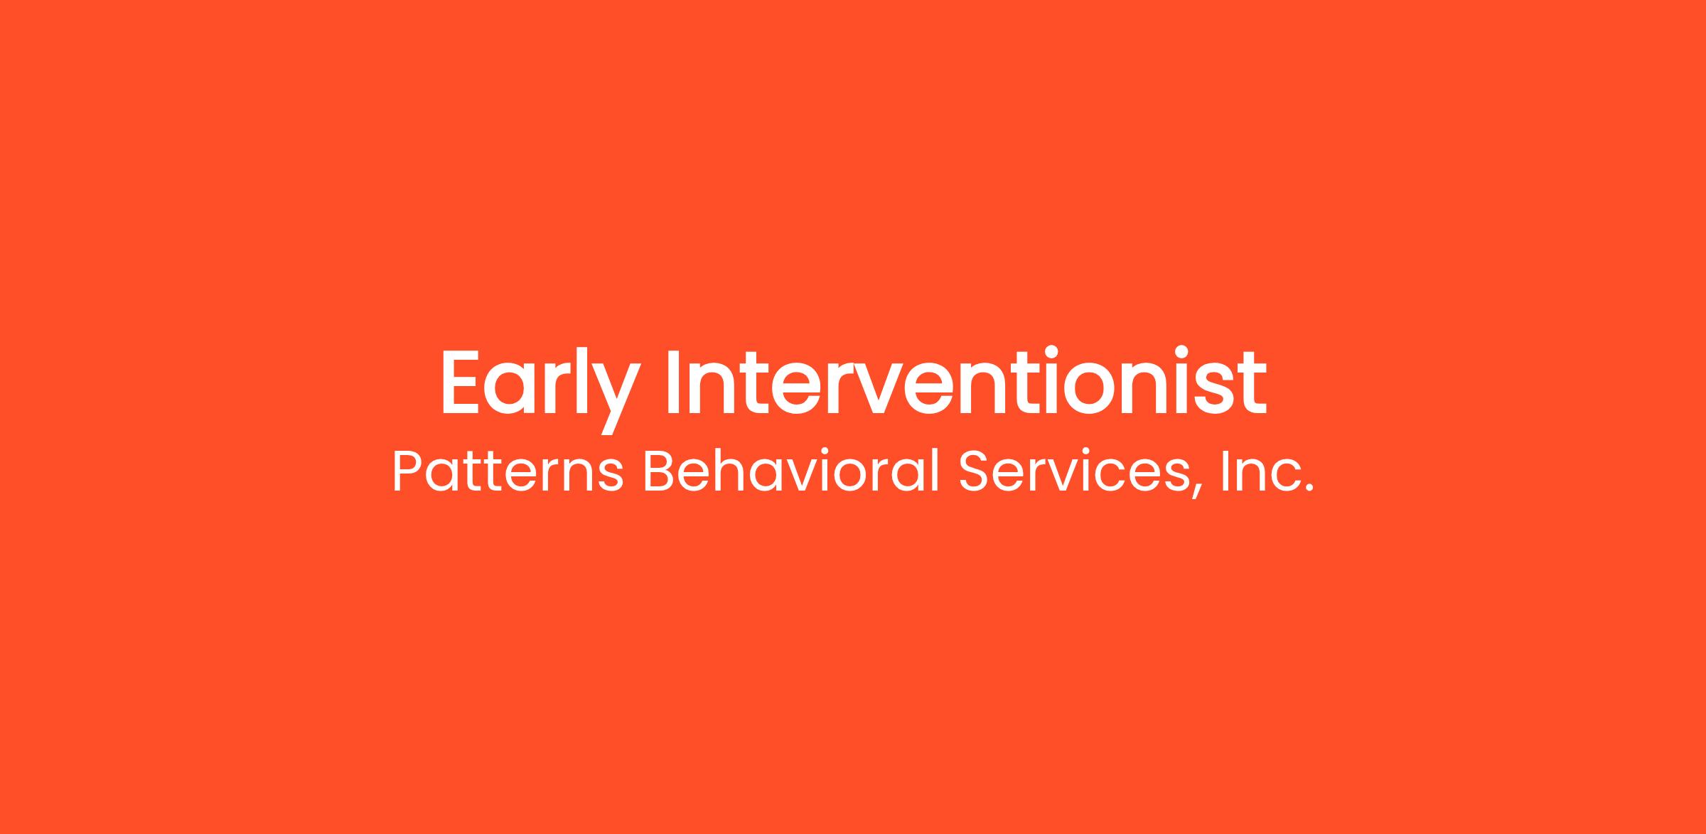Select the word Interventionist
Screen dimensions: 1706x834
(x=966, y=381)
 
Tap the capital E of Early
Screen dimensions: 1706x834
(x=462, y=383)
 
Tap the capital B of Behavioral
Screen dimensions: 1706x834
(x=659, y=471)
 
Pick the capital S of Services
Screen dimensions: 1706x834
(x=974, y=471)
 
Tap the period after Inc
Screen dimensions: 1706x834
(x=1308, y=489)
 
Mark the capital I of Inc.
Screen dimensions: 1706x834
(x=1225, y=471)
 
